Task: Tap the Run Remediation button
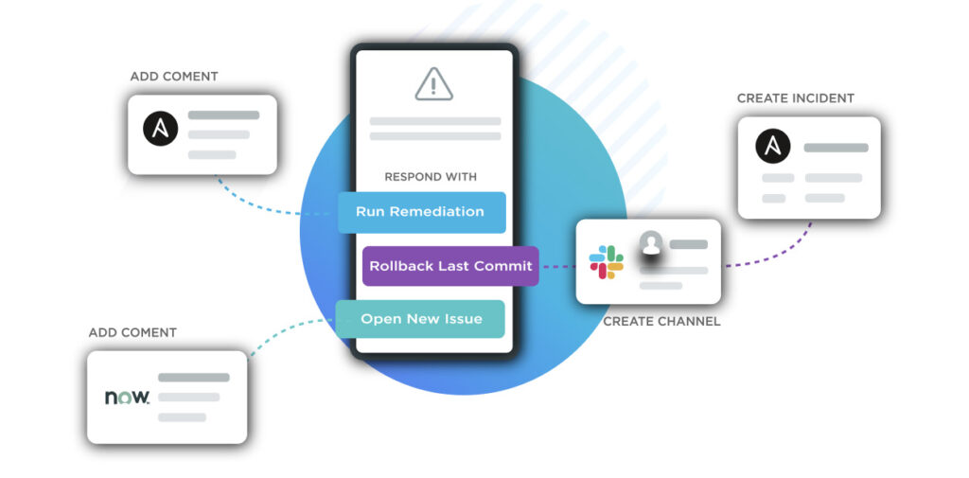pyautogui.click(x=421, y=212)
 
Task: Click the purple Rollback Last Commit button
pyautogui.click(x=450, y=266)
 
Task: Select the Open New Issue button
pyautogui.click(x=421, y=319)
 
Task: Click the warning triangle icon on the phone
pyautogui.click(x=434, y=84)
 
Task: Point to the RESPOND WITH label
pyautogui.click(x=431, y=177)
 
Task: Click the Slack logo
pyautogui.click(x=607, y=262)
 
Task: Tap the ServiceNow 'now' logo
pyautogui.click(x=127, y=398)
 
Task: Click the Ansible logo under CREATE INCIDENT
pyautogui.click(x=773, y=148)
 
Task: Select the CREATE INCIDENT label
pyautogui.click(x=795, y=98)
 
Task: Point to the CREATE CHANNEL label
pyautogui.click(x=661, y=322)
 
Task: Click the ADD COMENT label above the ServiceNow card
pyautogui.click(x=132, y=333)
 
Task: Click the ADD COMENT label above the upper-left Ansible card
pyautogui.click(x=174, y=77)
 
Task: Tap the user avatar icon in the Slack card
pyautogui.click(x=651, y=244)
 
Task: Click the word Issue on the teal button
pyautogui.click(x=464, y=319)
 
